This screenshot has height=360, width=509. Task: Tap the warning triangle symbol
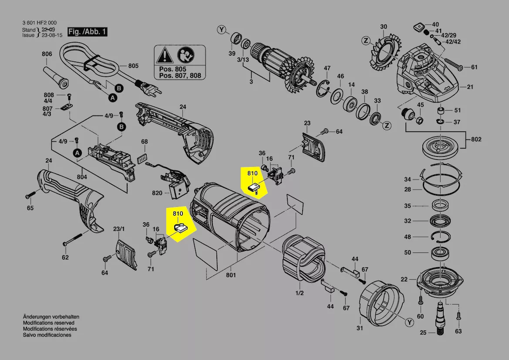(165, 55)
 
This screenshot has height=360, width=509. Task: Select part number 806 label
(47, 54)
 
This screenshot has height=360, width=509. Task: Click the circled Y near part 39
(222, 30)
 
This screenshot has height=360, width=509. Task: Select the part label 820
(157, 193)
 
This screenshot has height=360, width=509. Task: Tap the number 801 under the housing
(231, 275)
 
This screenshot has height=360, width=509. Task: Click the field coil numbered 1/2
(303, 260)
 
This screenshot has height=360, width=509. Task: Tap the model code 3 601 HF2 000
(39, 23)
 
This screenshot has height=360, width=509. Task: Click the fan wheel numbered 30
(383, 51)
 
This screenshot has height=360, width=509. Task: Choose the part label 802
(476, 139)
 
